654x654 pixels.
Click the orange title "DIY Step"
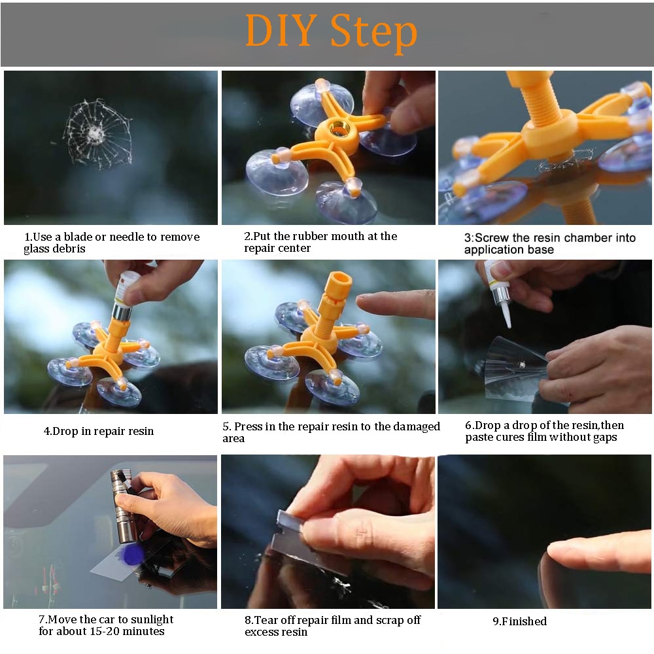(x=331, y=31)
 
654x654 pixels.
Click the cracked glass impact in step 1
(x=96, y=133)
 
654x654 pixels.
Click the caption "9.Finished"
(x=519, y=621)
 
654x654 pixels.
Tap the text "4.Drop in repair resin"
(x=99, y=431)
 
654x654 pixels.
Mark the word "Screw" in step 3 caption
(x=493, y=238)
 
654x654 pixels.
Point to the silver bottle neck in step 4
(x=120, y=310)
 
